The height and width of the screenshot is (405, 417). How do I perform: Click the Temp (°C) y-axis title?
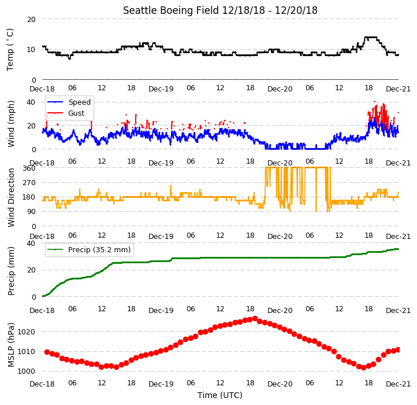coord(10,50)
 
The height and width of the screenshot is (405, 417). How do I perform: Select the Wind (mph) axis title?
coord(10,124)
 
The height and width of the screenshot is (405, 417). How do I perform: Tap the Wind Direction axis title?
coord(10,197)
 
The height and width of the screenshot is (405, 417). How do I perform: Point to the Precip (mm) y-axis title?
coord(10,271)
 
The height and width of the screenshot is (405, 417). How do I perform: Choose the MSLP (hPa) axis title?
coord(10,345)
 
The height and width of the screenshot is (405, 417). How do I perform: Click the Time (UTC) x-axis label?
coord(220,395)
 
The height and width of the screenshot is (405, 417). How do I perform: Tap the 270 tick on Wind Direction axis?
coord(29,183)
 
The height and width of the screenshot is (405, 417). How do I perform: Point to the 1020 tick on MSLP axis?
coord(26,332)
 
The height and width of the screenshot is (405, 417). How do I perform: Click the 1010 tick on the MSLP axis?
coord(26,351)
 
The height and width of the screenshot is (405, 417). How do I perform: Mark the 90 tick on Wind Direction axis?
coord(31,212)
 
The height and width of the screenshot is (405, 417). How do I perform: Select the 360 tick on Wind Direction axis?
coord(29,168)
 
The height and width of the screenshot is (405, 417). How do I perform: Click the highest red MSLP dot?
coord(255,318)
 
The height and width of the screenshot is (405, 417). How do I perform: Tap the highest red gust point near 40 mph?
coord(374,101)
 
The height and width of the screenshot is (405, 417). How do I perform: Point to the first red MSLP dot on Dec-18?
coord(47,352)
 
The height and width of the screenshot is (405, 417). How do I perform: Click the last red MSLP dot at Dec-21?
coord(398,350)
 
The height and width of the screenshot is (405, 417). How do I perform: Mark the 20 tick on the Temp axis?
coord(31,20)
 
